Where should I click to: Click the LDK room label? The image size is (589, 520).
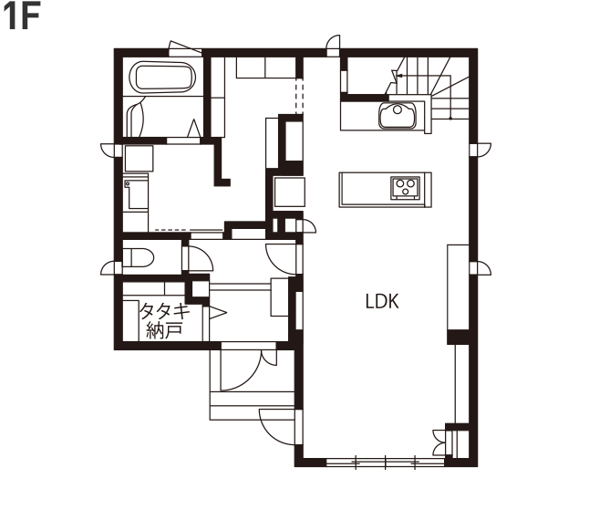click(x=382, y=301)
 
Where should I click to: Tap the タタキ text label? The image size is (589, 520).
click(x=164, y=311)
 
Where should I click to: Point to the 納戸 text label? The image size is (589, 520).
click(x=164, y=330)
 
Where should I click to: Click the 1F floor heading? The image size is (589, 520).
click(x=22, y=17)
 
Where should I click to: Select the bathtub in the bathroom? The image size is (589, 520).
click(x=162, y=78)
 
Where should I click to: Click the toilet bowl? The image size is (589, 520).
click(x=139, y=258)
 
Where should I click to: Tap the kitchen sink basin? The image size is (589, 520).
click(x=397, y=115)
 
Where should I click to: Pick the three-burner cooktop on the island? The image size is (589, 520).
click(x=405, y=187)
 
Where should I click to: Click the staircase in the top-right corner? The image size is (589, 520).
click(x=429, y=88)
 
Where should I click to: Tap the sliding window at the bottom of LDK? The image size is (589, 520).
click(x=386, y=463)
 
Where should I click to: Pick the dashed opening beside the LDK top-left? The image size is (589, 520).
click(x=299, y=96)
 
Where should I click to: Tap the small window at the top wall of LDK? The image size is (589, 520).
click(x=333, y=46)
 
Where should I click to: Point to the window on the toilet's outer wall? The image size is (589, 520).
click(x=111, y=268)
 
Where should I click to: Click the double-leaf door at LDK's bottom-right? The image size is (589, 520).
click(x=442, y=442)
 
